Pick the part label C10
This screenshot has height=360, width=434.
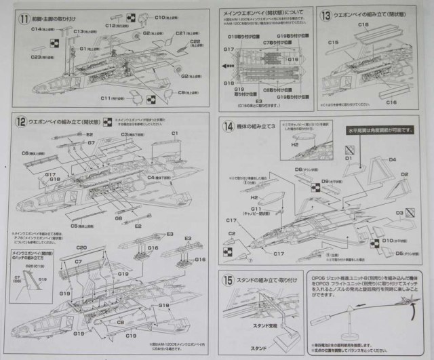point(162,17)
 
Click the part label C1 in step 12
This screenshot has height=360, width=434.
point(174,133)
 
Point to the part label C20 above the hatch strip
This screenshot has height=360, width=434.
point(81,248)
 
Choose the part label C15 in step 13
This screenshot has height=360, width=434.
point(333,43)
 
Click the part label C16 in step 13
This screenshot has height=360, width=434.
point(391,102)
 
